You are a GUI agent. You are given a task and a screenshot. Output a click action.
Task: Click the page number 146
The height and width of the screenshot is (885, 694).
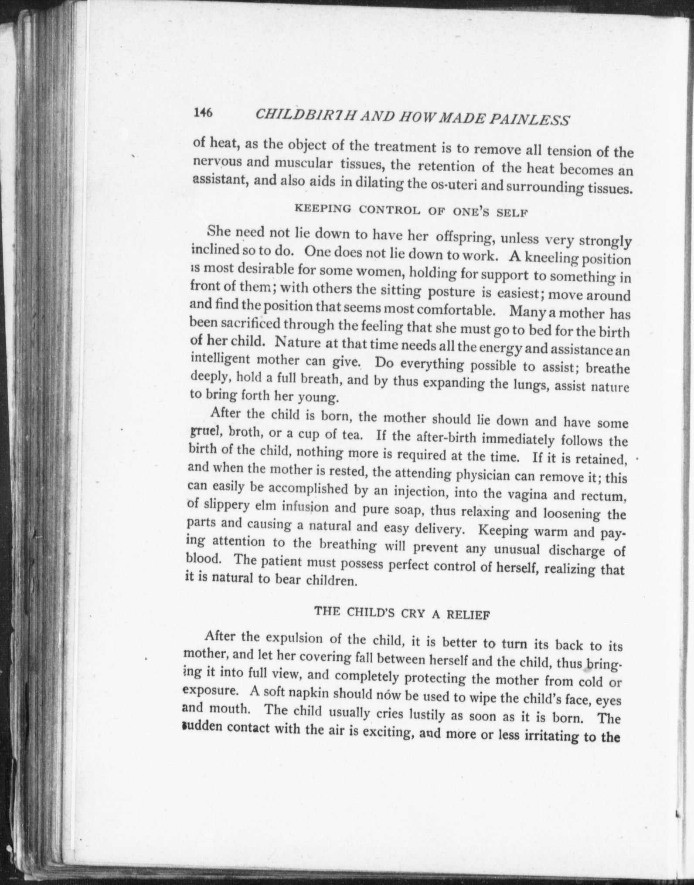click(203, 113)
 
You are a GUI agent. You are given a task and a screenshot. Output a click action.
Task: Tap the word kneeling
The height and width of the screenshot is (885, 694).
click(551, 258)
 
